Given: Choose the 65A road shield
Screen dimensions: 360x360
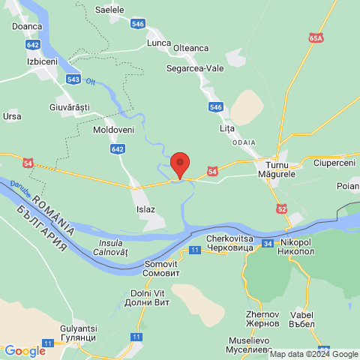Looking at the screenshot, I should click(316, 36).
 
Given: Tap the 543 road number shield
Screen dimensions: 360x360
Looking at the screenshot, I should click(73, 79).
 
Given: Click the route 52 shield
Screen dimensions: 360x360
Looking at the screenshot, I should click(281, 208).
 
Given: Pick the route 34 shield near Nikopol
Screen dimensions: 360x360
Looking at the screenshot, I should click(268, 243).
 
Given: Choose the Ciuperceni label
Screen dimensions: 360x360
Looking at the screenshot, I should click(334, 163).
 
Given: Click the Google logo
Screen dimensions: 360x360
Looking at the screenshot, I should click(25, 350).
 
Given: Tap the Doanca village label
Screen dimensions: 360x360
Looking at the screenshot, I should click(27, 25).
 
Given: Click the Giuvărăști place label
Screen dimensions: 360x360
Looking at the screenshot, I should click(64, 107).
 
